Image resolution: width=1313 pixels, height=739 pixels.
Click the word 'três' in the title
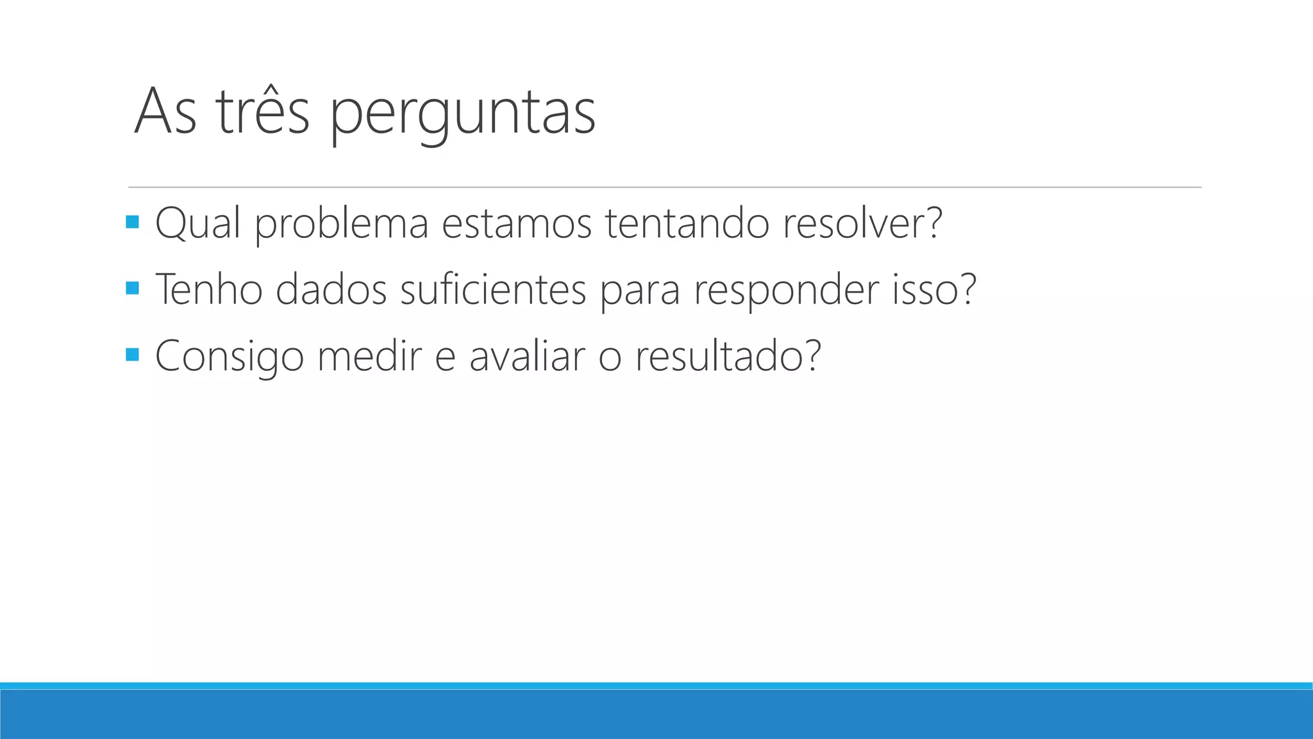click(x=263, y=112)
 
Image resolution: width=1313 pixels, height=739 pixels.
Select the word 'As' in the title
click(x=165, y=112)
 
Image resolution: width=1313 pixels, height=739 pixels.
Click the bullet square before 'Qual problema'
click(x=133, y=222)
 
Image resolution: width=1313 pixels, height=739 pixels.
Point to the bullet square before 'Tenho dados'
click(x=133, y=288)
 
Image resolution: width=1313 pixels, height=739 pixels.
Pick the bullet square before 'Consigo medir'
click(x=133, y=354)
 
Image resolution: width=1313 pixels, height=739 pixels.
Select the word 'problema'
click(x=341, y=225)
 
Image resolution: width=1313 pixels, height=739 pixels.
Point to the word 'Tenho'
click(x=209, y=289)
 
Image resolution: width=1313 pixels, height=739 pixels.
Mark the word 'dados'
click(x=331, y=289)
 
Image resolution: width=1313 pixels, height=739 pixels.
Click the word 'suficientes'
click(x=493, y=289)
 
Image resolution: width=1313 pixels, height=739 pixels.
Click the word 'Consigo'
click(x=230, y=357)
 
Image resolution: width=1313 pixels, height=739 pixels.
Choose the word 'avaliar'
click(x=527, y=355)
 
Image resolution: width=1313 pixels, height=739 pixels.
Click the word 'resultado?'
click(x=728, y=355)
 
